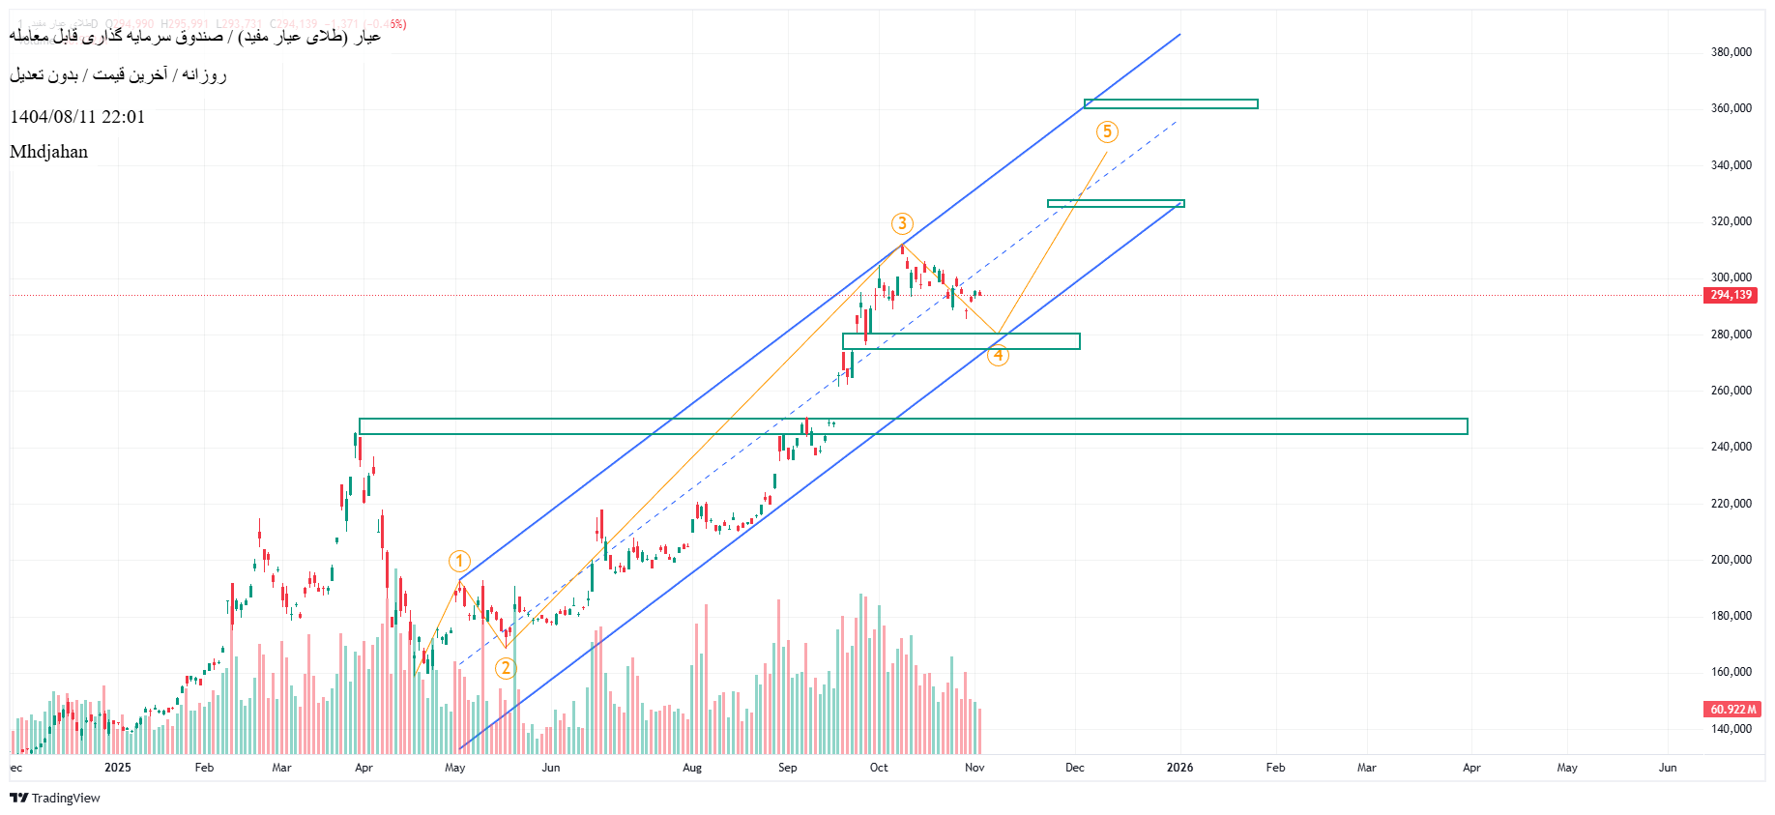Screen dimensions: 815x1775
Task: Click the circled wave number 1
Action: coord(459,561)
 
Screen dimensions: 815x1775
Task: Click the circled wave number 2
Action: coord(506,668)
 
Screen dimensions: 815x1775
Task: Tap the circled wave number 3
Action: coord(902,223)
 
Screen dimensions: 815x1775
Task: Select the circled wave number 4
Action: coord(998,356)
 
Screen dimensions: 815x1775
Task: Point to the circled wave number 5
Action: coord(1107,131)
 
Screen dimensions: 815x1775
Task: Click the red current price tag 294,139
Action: coord(1731,295)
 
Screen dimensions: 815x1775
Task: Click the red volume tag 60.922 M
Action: coord(1731,710)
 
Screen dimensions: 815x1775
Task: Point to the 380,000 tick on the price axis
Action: coord(1731,52)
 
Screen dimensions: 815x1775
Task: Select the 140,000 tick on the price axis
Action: coord(1731,729)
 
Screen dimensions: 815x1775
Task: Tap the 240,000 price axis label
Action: coord(1731,447)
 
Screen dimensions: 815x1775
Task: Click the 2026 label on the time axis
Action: coord(1179,768)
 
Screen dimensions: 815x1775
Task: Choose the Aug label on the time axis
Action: coord(692,768)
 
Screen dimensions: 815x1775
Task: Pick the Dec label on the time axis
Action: coord(1074,768)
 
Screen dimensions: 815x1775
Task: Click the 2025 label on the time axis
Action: coord(118,768)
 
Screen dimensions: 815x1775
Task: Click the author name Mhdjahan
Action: coord(48,152)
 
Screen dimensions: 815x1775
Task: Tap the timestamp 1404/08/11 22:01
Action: coord(77,117)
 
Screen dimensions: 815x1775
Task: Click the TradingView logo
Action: coord(55,798)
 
